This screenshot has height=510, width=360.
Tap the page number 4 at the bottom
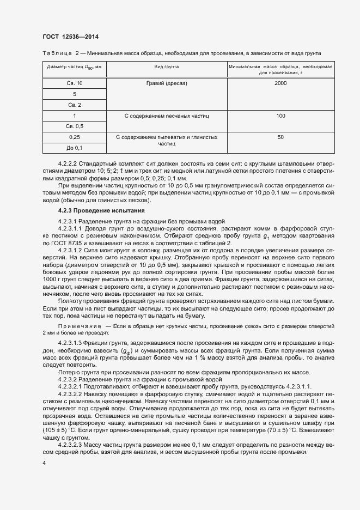tap(44, 462)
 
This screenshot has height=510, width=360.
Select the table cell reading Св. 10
tap(75, 83)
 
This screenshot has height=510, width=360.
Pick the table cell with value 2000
tap(280, 83)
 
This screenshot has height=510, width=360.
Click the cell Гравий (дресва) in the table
tap(167, 83)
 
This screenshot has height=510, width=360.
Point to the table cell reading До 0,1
tap(75, 148)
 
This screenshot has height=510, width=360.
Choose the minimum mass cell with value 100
tap(280, 116)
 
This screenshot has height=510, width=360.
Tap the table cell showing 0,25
tap(75, 137)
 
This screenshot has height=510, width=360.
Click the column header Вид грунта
tap(167, 66)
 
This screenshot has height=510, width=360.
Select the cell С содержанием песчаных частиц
tap(167, 116)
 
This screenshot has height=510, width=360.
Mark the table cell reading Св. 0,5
tap(75, 126)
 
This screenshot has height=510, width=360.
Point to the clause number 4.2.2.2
tap(68, 163)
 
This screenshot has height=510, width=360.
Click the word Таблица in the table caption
tap(57, 53)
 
